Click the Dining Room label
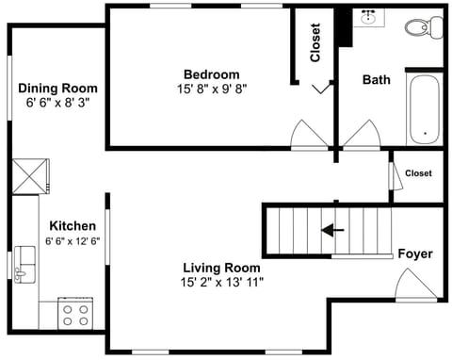[x=57, y=89]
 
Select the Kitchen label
[x=73, y=226]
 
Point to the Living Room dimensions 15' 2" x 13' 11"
[x=221, y=282]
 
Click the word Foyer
[x=414, y=254]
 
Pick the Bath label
[x=376, y=80]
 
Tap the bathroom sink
[x=369, y=18]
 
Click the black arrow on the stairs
[x=332, y=229]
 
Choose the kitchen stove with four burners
[x=74, y=313]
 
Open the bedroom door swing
[x=309, y=136]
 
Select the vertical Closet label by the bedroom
[x=315, y=42]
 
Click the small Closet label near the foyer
[x=418, y=173]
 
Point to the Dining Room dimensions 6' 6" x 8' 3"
[x=57, y=104]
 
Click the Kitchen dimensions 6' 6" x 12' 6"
[x=73, y=241]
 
